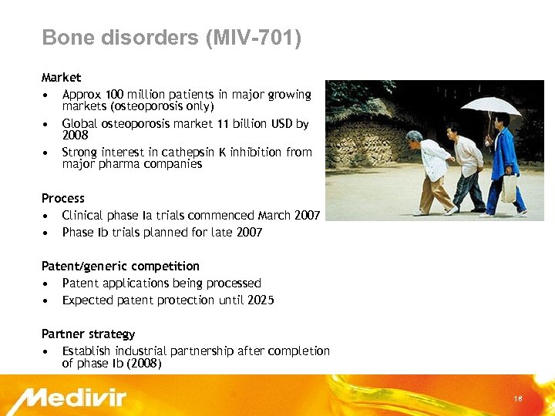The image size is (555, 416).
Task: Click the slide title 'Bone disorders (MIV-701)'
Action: click(171, 37)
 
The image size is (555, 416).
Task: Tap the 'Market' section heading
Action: click(61, 78)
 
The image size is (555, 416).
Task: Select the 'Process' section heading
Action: click(63, 199)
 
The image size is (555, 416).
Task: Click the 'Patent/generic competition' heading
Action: click(120, 267)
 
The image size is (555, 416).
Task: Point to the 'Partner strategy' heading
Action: click(88, 334)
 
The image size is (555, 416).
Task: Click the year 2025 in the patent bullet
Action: click(260, 300)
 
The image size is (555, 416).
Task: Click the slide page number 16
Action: click(518, 398)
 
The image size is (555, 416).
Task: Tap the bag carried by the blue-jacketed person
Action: click(508, 188)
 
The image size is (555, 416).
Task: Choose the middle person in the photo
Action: click(466, 166)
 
